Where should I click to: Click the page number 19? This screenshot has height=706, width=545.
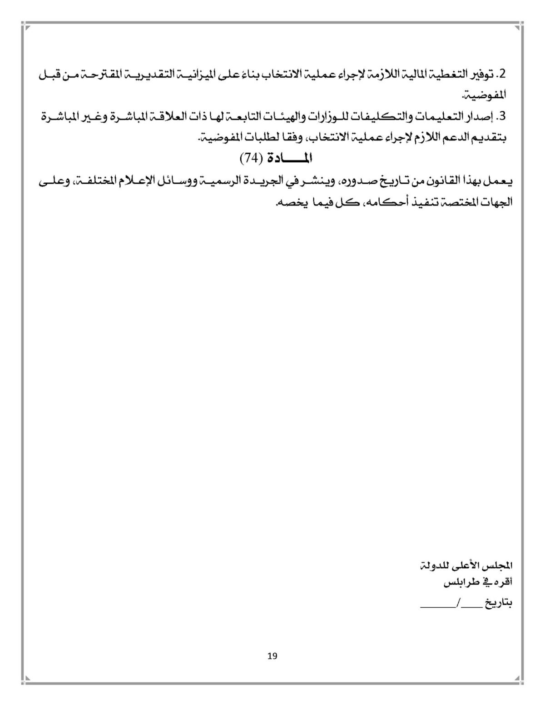point(272,656)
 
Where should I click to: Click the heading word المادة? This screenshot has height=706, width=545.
point(289,158)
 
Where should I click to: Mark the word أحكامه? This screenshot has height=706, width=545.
point(384,202)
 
